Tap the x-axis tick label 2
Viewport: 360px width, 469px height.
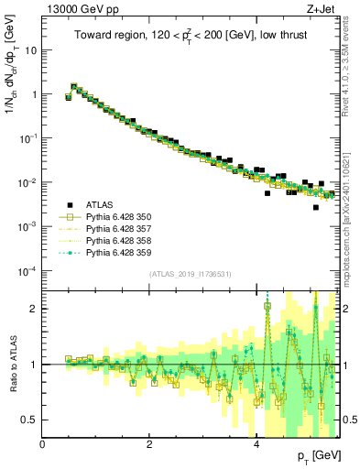tap(150, 444)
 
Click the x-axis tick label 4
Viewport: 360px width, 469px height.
tap(257, 444)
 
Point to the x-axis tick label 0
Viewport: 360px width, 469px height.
tap(43, 444)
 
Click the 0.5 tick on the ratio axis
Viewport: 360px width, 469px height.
tap(30, 420)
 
